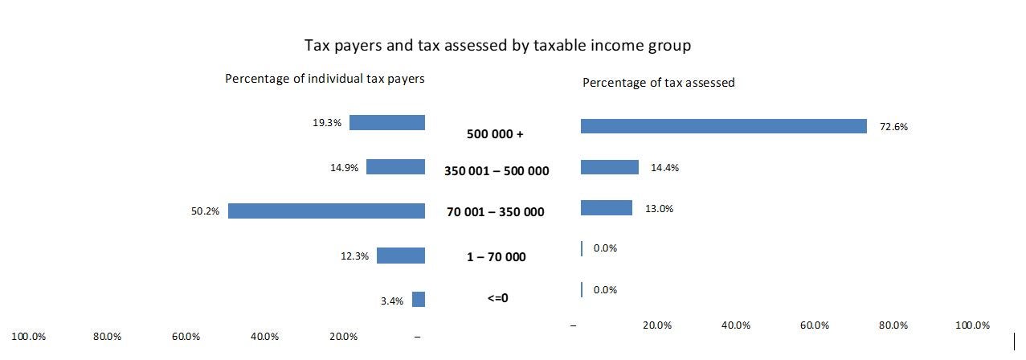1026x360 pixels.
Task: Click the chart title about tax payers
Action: point(497,46)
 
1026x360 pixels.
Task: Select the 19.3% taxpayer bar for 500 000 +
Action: point(386,123)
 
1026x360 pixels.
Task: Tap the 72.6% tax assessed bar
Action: point(723,126)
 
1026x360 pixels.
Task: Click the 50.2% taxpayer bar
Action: point(326,211)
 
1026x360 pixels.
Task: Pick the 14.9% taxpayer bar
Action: point(395,167)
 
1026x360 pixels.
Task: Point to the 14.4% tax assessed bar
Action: point(609,167)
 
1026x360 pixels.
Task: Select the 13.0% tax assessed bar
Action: point(606,208)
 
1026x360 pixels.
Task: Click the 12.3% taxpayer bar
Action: point(400,256)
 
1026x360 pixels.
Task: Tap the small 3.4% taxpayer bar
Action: point(418,300)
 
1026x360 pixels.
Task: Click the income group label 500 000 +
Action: point(495,134)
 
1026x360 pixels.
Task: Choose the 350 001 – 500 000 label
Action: point(497,171)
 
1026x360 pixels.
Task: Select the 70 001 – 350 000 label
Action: point(495,213)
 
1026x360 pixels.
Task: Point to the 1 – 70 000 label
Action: point(496,257)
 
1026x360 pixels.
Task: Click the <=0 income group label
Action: point(497,298)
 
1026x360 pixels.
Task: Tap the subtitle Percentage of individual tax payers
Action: point(325,79)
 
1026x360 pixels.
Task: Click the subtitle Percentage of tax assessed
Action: point(658,83)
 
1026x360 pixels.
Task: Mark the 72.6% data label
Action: point(893,127)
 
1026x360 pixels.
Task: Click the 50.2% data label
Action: point(205,212)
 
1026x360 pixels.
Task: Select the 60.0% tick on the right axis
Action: point(815,325)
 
